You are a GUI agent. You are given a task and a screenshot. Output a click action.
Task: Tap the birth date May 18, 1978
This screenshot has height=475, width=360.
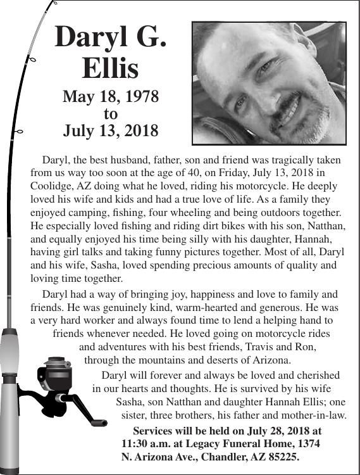pyautogui.click(x=110, y=98)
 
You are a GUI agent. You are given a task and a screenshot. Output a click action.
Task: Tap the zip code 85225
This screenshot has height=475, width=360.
pyautogui.click(x=283, y=457)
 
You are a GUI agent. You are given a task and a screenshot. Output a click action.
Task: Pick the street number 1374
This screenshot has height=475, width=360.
pyautogui.click(x=307, y=444)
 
